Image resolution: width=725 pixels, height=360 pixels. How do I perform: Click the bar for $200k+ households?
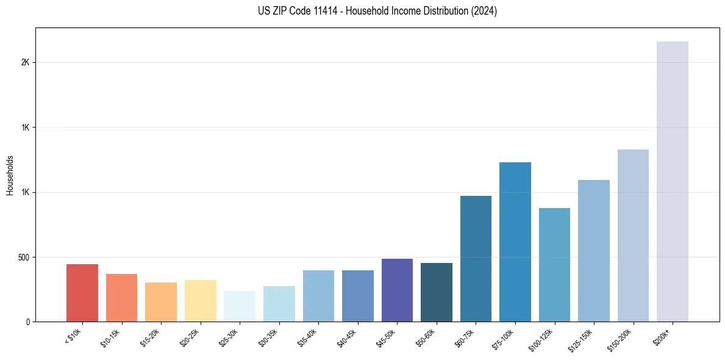pos(672,181)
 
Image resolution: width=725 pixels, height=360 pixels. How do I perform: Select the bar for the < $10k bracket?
pos(82,293)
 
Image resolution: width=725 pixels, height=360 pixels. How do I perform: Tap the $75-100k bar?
pos(515,242)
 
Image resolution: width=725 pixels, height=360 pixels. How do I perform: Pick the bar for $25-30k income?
pos(240,306)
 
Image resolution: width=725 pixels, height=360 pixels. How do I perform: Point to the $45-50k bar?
pos(397,290)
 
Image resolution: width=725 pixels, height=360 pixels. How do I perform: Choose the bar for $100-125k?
pos(554,265)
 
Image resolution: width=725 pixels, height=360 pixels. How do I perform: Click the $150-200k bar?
pos(633,236)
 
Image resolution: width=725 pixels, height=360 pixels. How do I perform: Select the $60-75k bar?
pos(476,259)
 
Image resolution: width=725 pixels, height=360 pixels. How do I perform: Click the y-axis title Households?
pos(10,175)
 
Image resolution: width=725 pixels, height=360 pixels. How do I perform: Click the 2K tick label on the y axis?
pos(25,62)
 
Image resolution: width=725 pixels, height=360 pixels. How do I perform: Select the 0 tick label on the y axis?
pos(28,322)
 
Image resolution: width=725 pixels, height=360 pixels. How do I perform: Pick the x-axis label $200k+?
pos(662,336)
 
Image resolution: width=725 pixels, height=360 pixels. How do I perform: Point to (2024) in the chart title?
pos(485,11)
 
